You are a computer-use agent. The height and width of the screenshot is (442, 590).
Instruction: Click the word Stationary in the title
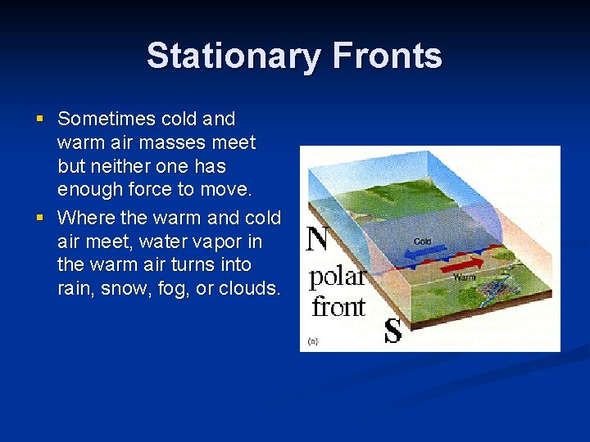coord(234,56)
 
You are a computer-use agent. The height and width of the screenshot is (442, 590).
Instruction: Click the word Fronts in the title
coord(388,56)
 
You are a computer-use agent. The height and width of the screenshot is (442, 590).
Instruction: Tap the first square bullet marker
coord(40,120)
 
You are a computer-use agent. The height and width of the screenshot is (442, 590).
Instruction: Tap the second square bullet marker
coord(40,219)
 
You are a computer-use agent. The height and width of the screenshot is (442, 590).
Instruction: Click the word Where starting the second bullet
coord(86,219)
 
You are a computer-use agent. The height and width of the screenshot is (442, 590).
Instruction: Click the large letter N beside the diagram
coord(318,239)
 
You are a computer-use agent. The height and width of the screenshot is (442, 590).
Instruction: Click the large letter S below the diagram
coord(393,331)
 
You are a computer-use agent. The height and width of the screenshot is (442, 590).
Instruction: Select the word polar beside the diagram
coord(336,277)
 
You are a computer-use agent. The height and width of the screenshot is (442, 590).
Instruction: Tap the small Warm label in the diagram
coord(465,277)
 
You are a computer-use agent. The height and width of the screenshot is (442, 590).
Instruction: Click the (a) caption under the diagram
coord(313,341)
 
